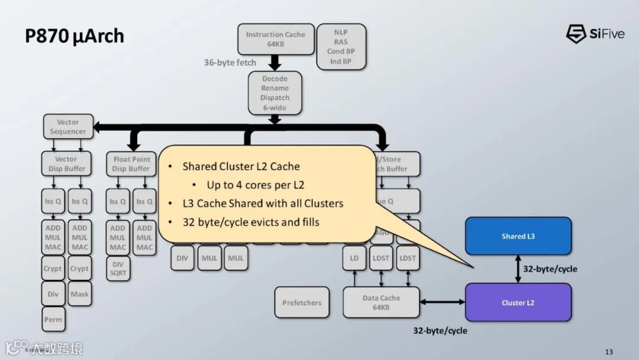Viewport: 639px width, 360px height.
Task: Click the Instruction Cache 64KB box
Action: pos(275,39)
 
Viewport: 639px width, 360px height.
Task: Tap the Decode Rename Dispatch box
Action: pos(275,93)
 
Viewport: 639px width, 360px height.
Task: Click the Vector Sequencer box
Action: pos(68,127)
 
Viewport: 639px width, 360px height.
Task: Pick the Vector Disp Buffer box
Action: pos(66,164)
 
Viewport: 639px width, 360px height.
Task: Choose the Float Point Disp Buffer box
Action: pos(131,164)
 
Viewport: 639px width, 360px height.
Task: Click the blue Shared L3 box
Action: pos(518,236)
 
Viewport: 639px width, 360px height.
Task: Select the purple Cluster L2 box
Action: pos(518,303)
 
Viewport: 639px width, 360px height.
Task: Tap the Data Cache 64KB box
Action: pos(381,303)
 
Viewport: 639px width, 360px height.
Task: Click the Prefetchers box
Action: pos(302,303)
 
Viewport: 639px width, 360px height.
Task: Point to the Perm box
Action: pos(53,320)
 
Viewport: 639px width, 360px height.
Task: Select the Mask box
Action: pos(79,294)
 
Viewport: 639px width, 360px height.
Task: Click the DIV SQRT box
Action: pos(118,268)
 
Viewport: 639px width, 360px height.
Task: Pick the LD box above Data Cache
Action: pos(354,258)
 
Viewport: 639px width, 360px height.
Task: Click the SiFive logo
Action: pos(595,34)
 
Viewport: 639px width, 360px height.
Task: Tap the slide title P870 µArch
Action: pos(75,36)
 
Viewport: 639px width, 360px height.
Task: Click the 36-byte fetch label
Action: pos(230,62)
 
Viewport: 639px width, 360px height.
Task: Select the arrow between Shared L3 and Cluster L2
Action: pos(518,269)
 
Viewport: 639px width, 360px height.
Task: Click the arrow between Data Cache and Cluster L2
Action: pos(443,303)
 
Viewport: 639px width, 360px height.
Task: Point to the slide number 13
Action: pos(609,352)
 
